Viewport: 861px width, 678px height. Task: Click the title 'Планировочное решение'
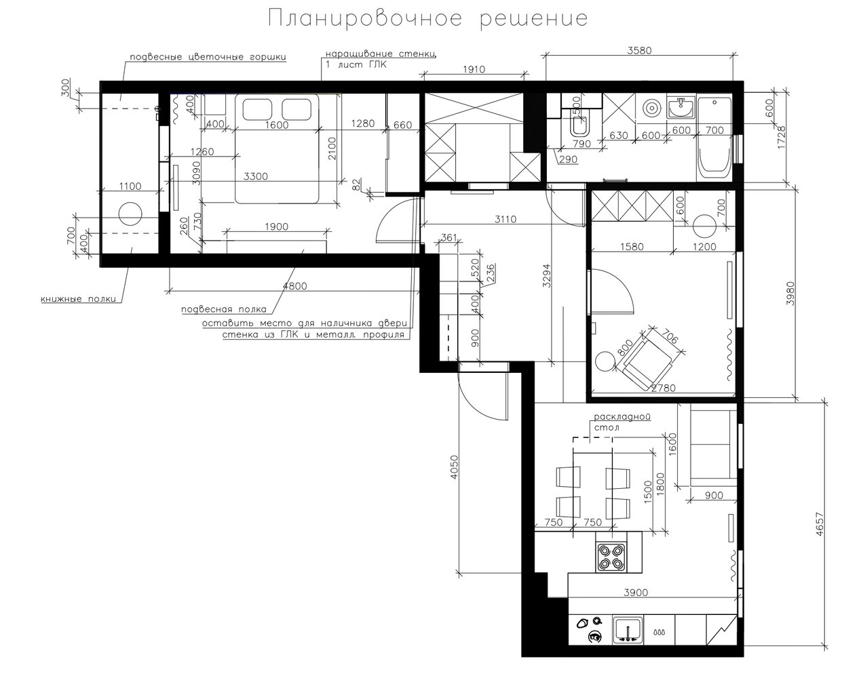coord(427,19)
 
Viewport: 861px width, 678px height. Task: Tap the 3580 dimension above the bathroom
coord(639,50)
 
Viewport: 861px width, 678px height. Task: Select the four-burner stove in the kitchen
coord(611,557)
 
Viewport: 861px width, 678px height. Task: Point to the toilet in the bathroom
coord(580,124)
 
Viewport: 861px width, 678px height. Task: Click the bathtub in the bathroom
coord(714,136)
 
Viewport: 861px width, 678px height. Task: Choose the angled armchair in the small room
coord(648,359)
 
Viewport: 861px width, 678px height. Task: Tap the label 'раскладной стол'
coord(621,422)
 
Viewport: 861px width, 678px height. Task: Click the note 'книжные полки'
coord(79,298)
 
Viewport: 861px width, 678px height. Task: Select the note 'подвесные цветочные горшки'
coord(208,57)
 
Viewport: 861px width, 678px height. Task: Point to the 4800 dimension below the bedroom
coord(295,286)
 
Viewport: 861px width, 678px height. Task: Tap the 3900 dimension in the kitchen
coord(636,592)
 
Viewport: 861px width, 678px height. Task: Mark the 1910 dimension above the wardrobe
coord(474,69)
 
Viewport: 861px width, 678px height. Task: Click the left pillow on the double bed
coord(258,108)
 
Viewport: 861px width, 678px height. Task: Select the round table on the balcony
coord(130,214)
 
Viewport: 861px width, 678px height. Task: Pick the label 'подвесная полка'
coord(224,309)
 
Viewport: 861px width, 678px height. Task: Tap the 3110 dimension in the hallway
coord(505,219)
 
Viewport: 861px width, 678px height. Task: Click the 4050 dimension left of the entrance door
coord(454,467)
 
